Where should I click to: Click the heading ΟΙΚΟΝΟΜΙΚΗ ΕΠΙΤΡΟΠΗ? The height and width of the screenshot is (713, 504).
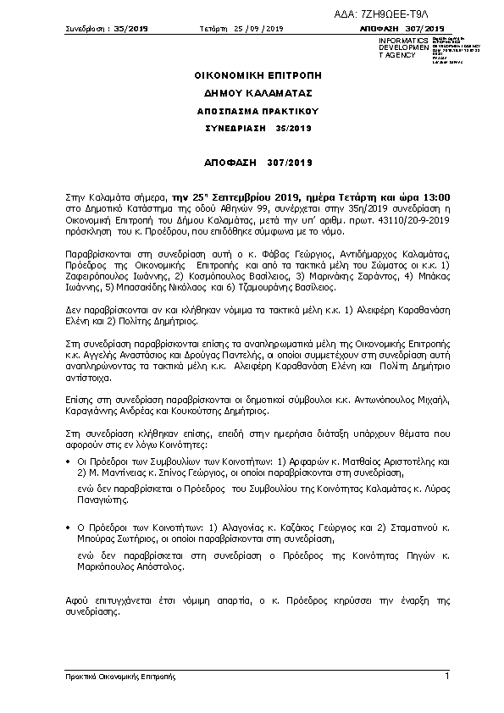click(252, 75)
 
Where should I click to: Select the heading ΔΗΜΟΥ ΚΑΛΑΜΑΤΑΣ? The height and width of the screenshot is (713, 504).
click(252, 93)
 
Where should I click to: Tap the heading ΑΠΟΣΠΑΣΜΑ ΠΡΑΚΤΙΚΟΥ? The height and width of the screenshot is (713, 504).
click(252, 111)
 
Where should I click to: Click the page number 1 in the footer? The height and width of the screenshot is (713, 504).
click(446, 675)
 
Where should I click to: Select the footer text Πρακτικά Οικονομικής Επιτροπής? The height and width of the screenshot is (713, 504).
click(120, 677)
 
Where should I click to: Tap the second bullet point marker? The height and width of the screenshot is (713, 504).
click(69, 528)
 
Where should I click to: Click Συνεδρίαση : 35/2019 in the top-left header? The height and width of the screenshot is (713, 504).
click(107, 29)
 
